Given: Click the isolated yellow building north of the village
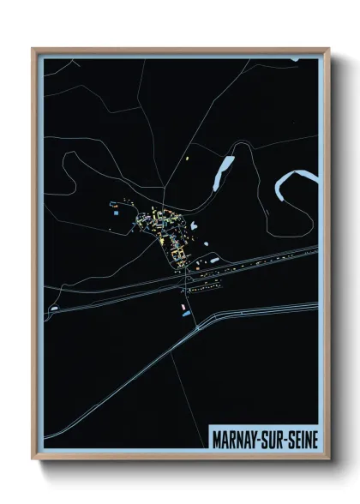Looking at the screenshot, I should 186,158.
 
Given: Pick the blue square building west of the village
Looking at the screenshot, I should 112,205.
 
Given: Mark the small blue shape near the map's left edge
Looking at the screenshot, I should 54,307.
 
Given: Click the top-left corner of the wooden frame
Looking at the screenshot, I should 33,50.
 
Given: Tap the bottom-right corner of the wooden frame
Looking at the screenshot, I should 327,460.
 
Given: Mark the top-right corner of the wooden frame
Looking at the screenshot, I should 327,50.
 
